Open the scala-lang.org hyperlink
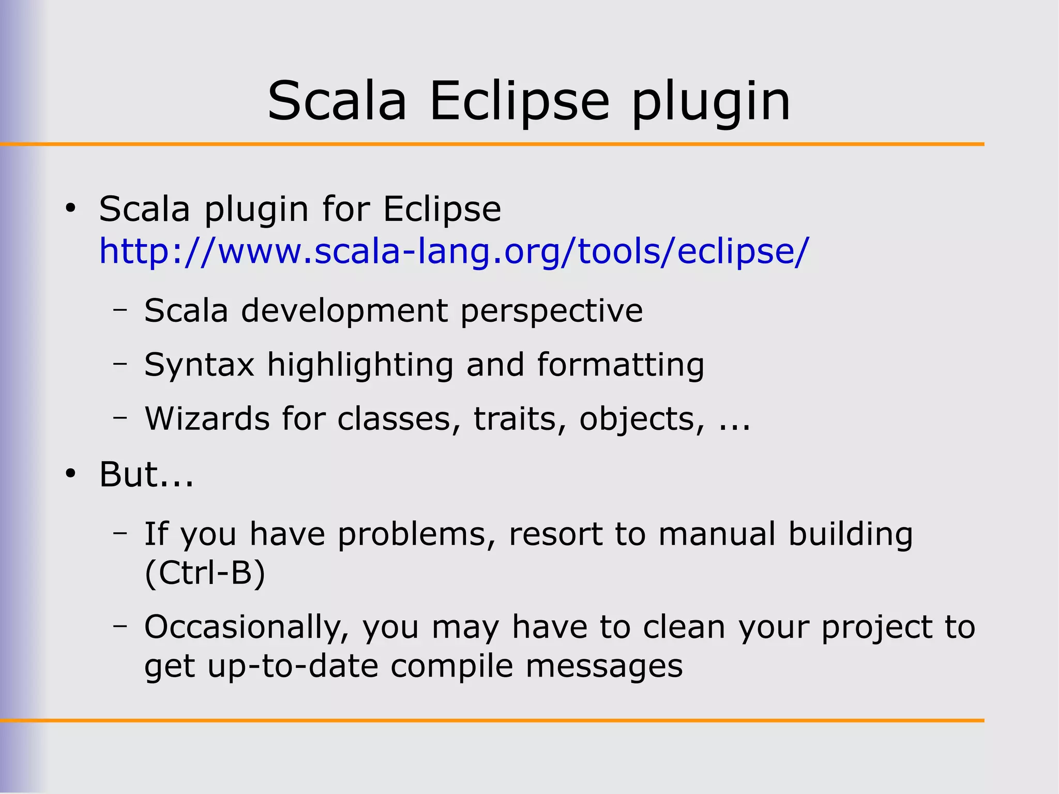coord(453,251)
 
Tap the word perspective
coord(551,311)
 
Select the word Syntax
coord(200,365)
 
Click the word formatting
coord(621,365)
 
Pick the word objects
coord(642,420)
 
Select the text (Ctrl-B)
coord(205,573)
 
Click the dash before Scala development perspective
coord(120,310)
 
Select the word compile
coord(452,666)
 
